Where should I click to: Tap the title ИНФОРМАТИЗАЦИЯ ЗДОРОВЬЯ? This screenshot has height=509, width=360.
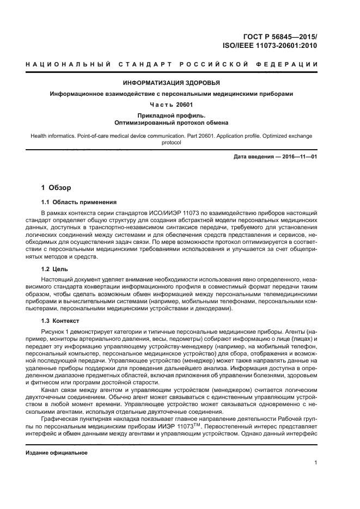click(172, 83)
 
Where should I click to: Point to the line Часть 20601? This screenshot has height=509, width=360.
click(171, 103)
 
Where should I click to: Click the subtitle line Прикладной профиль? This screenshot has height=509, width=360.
click(171, 115)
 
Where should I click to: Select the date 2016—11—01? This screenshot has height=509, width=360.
click(298, 157)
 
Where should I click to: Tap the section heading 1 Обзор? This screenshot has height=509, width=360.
click(56, 188)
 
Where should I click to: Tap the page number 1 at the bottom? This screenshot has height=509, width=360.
click(316, 463)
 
